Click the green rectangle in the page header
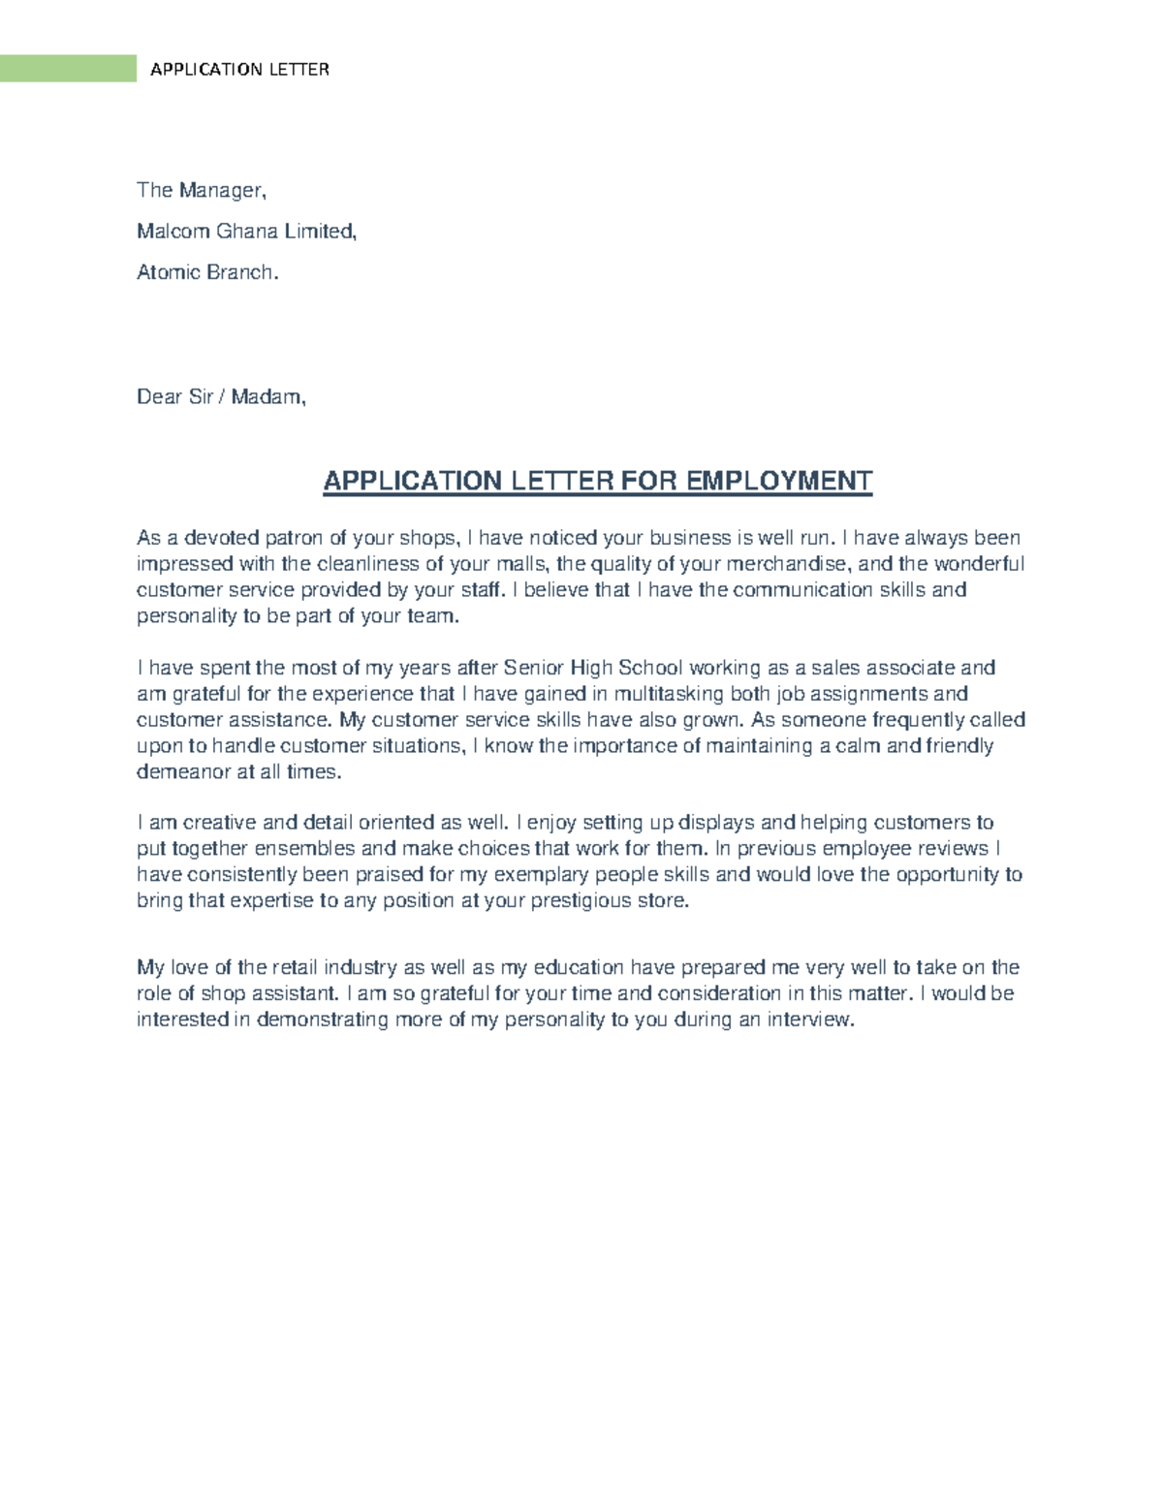pos(68,69)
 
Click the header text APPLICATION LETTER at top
pos(239,70)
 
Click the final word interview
pos(810,1019)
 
